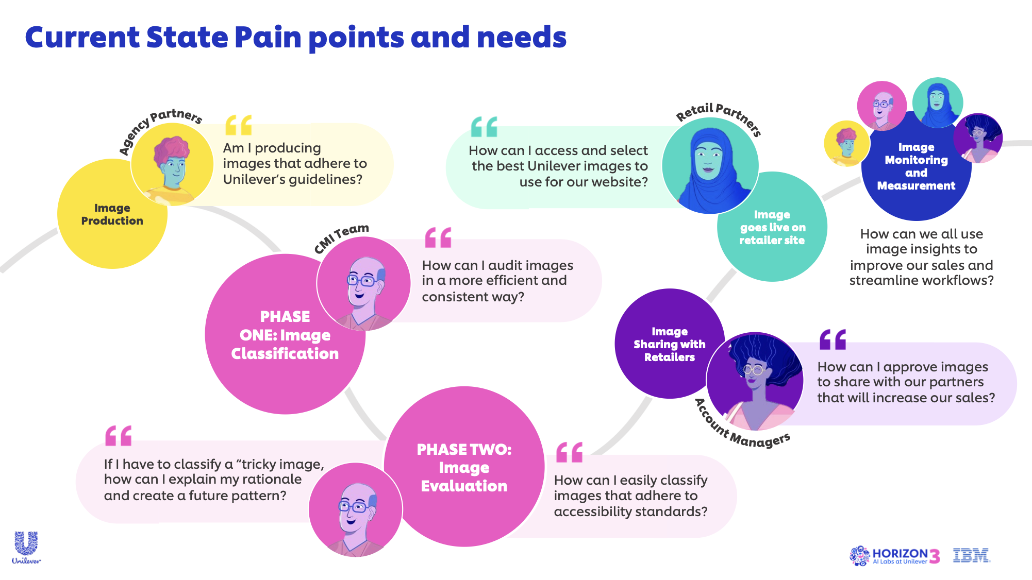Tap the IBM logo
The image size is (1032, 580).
pyautogui.click(x=971, y=555)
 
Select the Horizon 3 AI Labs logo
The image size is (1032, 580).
pyautogui.click(x=894, y=556)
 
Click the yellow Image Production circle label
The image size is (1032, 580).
pyautogui.click(x=112, y=214)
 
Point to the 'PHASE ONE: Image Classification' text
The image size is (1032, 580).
pyautogui.click(x=285, y=335)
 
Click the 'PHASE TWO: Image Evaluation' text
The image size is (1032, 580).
pyautogui.click(x=464, y=467)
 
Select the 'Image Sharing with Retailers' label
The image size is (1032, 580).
pyautogui.click(x=669, y=344)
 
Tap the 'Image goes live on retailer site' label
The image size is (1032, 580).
pyautogui.click(x=772, y=227)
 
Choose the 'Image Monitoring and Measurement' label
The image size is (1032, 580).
pyautogui.click(x=916, y=166)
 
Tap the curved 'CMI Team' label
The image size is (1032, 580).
pyautogui.click(x=340, y=237)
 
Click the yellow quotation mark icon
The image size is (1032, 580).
pyautogui.click(x=239, y=125)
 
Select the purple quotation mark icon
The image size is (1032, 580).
pyautogui.click(x=833, y=339)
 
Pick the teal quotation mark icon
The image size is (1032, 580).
pyautogui.click(x=484, y=127)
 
